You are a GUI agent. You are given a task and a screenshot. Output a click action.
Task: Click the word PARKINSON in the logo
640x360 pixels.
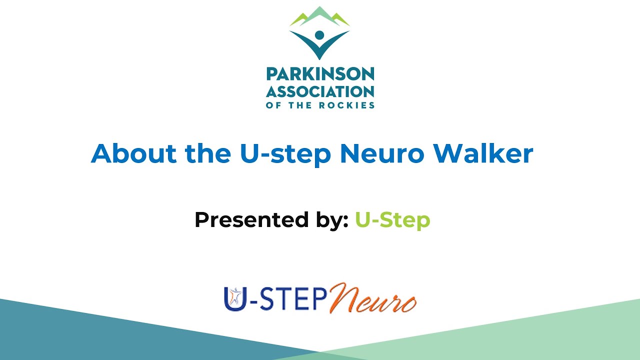click(320, 74)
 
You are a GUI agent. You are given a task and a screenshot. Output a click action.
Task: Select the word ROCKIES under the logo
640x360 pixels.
click(350, 105)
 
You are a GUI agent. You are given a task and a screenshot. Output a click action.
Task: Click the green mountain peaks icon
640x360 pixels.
click(319, 17)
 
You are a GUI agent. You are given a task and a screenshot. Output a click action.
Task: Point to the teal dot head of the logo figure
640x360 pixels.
click(319, 36)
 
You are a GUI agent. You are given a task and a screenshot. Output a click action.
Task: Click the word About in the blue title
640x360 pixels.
click(134, 153)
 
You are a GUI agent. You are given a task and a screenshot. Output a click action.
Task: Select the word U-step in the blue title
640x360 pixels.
click(285, 154)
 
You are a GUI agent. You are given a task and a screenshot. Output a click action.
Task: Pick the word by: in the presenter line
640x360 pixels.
click(328, 220)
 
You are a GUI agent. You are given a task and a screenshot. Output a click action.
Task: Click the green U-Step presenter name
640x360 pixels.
click(392, 219)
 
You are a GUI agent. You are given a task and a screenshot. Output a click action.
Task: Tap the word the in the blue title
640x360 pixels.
click(207, 153)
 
